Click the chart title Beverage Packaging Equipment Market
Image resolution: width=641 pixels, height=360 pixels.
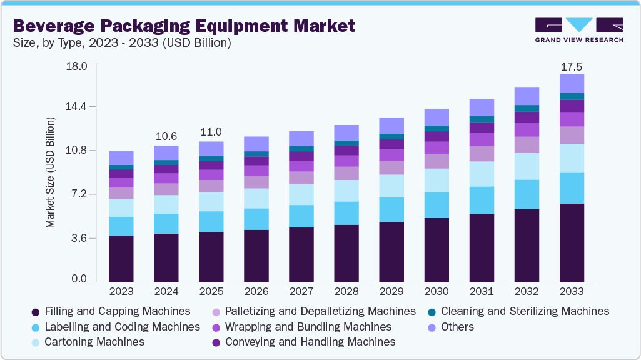tap(184, 26)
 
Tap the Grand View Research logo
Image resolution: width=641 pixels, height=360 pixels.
tap(578, 30)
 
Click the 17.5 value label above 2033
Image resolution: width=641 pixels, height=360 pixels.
tap(572, 66)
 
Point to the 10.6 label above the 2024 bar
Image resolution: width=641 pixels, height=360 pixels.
tap(166, 136)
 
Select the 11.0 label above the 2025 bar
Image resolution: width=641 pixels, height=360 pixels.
tap(211, 132)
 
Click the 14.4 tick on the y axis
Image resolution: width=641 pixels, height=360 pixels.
tap(76, 107)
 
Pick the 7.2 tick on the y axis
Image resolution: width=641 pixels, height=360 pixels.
tap(79, 194)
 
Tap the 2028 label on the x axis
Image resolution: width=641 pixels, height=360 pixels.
tap(346, 292)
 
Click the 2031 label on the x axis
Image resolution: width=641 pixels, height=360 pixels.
tap(482, 292)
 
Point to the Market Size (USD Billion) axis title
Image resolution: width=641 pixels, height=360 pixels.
tap(50, 172)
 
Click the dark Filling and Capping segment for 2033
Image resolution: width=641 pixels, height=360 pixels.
tap(572, 243)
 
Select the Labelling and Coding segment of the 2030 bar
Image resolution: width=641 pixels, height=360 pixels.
tap(437, 205)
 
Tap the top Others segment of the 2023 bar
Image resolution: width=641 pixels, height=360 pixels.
tap(121, 157)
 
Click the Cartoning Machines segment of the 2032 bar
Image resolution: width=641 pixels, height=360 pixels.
tap(527, 166)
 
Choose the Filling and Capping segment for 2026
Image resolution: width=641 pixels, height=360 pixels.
tap(256, 256)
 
